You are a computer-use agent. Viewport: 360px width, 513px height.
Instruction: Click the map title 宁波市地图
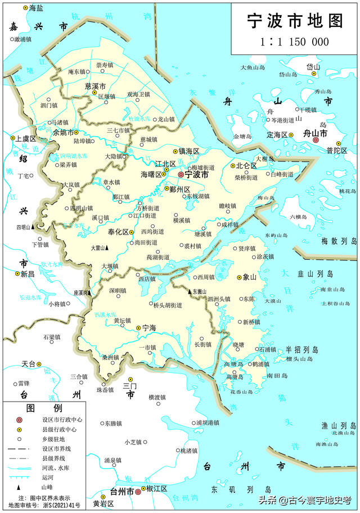295,21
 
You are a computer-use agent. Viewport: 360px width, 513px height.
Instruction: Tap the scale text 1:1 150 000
294,42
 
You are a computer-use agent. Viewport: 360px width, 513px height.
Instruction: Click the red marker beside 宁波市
181,175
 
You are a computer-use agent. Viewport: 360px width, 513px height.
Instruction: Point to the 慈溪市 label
96,86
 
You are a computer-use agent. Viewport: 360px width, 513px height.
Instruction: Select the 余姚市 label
64,133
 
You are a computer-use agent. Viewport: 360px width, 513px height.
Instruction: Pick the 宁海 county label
149,327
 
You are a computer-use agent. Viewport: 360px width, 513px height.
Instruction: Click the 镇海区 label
189,151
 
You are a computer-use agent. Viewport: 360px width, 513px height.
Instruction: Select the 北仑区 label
246,166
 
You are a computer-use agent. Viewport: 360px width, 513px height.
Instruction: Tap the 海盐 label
36,8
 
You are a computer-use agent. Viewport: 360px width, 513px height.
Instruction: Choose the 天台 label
29,363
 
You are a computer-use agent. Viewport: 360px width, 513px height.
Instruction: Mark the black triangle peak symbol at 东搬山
190,291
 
